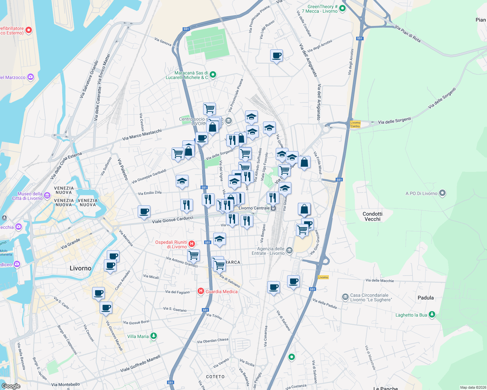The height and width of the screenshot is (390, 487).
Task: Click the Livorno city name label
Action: point(80,268)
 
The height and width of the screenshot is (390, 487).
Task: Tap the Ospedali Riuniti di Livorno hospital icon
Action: point(192,244)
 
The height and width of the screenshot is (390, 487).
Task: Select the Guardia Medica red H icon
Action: point(201,291)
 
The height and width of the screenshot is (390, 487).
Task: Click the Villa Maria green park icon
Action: point(154,336)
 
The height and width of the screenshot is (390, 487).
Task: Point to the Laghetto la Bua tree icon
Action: point(432,315)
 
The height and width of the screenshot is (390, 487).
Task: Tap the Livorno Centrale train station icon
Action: point(273,208)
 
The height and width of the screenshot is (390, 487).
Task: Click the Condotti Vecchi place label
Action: point(372,216)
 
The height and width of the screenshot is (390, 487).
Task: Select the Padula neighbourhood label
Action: point(425,298)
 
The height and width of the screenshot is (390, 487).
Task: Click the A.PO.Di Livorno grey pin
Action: point(442,193)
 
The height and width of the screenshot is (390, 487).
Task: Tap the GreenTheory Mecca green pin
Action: point(342,9)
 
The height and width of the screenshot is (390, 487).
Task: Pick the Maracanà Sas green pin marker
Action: point(213,75)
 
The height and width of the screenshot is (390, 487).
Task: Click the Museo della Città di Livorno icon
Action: point(47,196)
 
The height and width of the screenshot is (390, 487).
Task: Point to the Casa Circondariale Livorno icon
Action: point(345,297)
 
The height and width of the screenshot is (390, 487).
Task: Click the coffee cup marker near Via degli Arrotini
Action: point(276,56)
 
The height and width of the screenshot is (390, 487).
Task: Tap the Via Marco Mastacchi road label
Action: point(142,135)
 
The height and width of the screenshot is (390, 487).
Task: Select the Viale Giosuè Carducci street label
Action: point(173,220)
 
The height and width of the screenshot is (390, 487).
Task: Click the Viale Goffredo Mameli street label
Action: point(140,364)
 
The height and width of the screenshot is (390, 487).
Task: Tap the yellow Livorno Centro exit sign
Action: point(355,124)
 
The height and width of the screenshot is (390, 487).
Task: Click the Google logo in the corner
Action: point(11,386)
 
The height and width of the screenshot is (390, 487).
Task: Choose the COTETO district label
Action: point(215,377)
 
